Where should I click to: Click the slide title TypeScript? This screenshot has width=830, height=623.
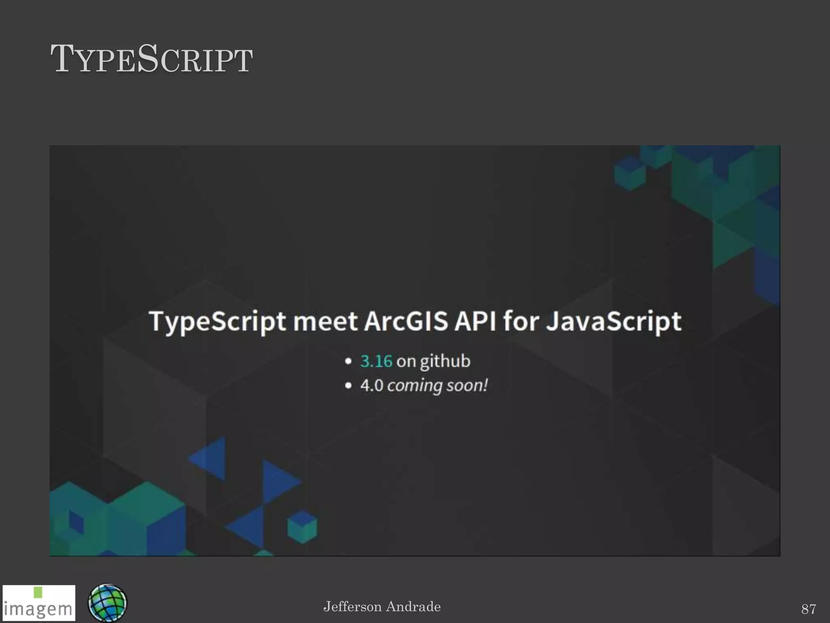tap(152, 60)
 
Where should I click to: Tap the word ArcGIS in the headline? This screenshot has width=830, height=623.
tap(406, 321)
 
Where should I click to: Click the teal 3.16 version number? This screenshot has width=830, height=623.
tap(376, 361)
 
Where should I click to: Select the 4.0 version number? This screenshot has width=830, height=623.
tap(372, 385)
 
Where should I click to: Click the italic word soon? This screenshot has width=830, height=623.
tap(467, 385)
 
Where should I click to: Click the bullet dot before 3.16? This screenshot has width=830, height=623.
tap(348, 361)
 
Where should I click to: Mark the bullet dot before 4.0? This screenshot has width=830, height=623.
tap(348, 386)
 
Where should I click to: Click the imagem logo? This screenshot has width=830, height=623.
tap(39, 603)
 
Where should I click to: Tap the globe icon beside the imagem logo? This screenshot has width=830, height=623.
tap(107, 603)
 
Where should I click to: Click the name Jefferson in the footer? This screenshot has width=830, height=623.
tap(352, 607)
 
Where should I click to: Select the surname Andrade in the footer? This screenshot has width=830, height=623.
tap(413, 607)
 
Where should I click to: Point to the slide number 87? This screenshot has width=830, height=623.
tap(809, 609)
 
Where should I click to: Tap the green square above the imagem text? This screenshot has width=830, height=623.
tap(38, 592)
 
